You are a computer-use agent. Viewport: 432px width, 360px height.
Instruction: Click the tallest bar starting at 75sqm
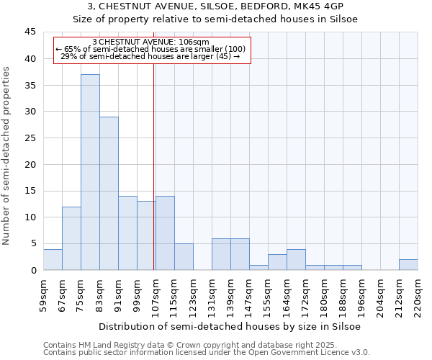coord(90,172)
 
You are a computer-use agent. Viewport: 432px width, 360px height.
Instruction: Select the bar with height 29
coord(109,193)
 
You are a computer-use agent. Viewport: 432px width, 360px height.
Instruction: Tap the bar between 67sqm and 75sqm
coord(71,238)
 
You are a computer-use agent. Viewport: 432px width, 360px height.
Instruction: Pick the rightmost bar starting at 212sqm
coord(408,264)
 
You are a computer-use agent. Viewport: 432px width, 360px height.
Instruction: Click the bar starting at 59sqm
coord(53,259)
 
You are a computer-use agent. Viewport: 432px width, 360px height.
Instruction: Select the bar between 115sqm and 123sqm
coord(184,256)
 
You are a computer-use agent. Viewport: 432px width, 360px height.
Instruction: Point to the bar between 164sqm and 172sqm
coord(296,259)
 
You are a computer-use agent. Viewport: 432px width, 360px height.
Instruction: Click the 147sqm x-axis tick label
coord(249,295)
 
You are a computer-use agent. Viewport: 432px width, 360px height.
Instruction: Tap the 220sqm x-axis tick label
coord(418,295)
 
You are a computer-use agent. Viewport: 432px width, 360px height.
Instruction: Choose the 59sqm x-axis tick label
coord(43,295)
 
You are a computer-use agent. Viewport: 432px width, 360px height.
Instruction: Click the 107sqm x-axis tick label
coord(156,295)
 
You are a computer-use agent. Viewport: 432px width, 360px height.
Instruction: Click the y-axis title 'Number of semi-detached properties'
coord(7,156)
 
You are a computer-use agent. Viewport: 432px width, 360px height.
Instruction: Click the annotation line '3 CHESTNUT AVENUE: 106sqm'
coord(151,42)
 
